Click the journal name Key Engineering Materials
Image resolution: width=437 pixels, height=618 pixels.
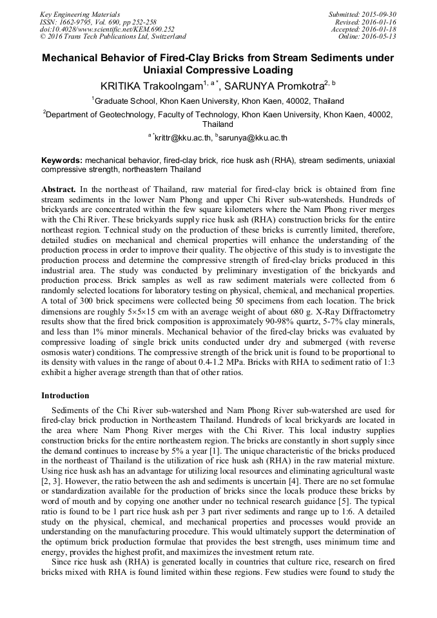[x=81, y=14]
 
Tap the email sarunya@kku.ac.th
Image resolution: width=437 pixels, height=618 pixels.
[x=253, y=138]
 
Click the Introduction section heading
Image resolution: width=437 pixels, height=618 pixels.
[x=65, y=395]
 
